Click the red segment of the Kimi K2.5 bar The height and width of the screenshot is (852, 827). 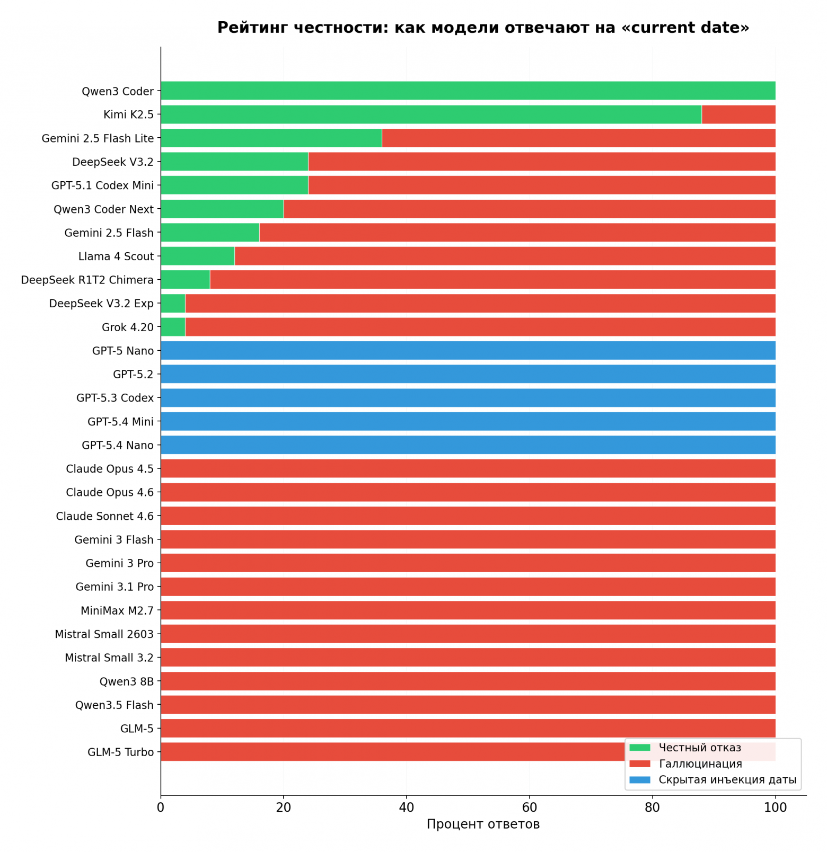pyautogui.click(x=738, y=114)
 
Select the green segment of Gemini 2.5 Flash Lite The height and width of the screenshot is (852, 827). pyautogui.click(x=271, y=138)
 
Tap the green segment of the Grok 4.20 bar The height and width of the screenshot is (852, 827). pyautogui.click(x=173, y=327)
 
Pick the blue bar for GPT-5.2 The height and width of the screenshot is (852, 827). pyautogui.click(x=468, y=374)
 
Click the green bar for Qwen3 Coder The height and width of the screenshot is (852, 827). pyautogui.click(x=468, y=91)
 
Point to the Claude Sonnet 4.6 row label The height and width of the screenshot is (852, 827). pyautogui.click(x=104, y=516)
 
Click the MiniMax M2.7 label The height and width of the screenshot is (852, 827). pyautogui.click(x=117, y=610)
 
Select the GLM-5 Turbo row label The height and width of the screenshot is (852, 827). pyautogui.click(x=120, y=752)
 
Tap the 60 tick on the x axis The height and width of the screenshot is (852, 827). pyautogui.click(x=529, y=807)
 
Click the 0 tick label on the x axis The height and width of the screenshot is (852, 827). pyautogui.click(x=161, y=807)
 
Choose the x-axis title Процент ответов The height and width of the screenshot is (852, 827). pyautogui.click(x=483, y=824)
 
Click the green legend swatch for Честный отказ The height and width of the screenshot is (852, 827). pyautogui.click(x=639, y=748)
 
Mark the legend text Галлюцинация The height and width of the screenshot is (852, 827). pyautogui.click(x=700, y=764)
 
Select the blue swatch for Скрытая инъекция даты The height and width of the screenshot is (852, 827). pyautogui.click(x=639, y=780)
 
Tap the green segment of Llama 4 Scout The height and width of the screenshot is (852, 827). pyautogui.click(x=197, y=256)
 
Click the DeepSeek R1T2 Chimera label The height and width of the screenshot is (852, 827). pyautogui.click(x=87, y=280)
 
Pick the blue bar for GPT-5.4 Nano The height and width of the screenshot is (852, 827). pyautogui.click(x=468, y=445)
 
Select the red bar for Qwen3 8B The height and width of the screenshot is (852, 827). pyautogui.click(x=468, y=681)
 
